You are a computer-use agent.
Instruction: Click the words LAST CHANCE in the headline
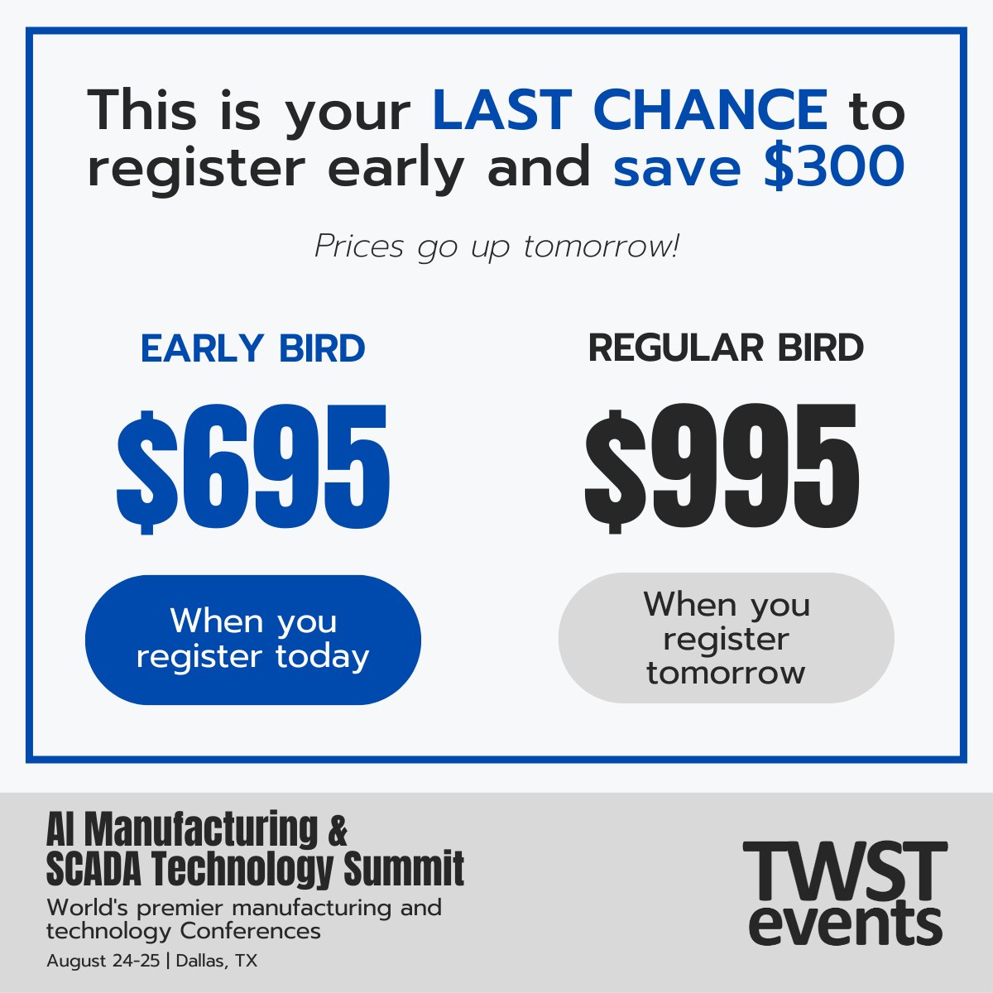629,110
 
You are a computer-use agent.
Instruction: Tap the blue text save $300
758,167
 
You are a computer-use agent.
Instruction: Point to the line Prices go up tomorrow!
496,247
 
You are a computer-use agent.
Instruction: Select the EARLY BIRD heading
252,349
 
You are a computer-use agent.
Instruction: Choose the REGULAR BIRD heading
726,348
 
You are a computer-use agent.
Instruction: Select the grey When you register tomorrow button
726,638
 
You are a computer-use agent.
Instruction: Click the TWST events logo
845,894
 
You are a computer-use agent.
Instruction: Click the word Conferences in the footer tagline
250,931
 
